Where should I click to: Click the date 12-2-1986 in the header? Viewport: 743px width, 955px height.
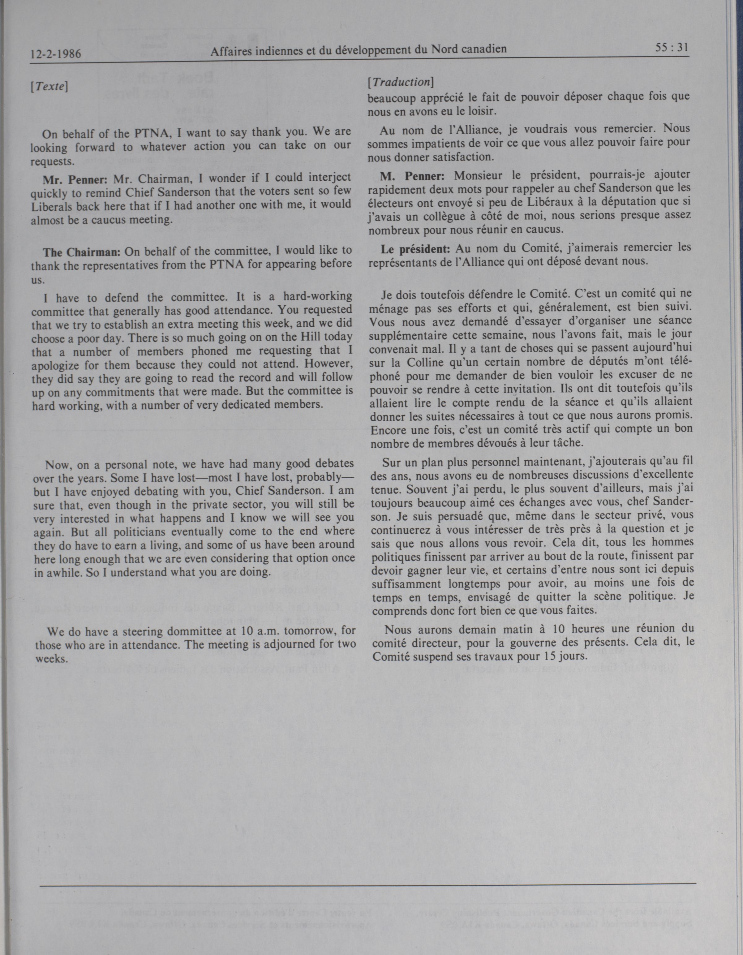click(x=56, y=54)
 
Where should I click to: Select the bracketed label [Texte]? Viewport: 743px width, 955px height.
click(x=49, y=87)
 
